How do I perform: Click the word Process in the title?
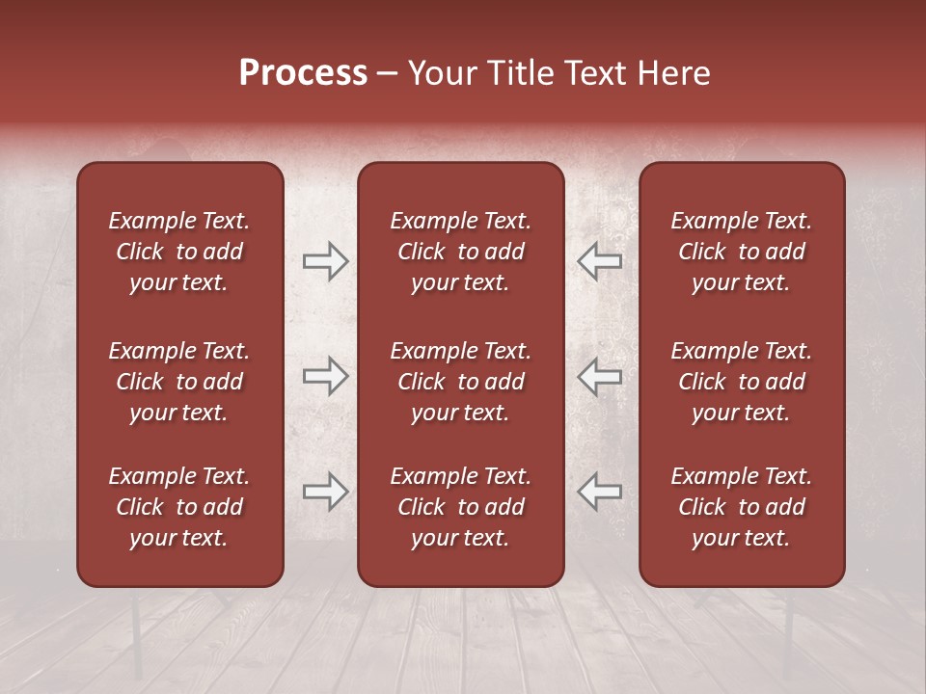[x=303, y=73]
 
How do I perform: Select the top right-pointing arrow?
[x=325, y=261]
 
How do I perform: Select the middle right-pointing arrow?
[x=325, y=376]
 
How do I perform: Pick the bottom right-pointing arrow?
[x=325, y=491]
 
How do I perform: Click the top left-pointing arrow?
[x=600, y=261]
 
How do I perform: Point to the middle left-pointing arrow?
[x=600, y=376]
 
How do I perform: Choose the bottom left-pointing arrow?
[x=600, y=491]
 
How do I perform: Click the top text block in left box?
[x=179, y=252]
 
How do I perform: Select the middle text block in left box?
[x=179, y=382]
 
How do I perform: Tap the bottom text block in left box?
[x=179, y=507]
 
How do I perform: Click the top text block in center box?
[x=460, y=252]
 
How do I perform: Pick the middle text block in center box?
[x=460, y=382]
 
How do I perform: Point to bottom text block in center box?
[x=460, y=507]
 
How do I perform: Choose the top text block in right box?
[x=741, y=252]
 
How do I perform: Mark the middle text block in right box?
[x=741, y=382]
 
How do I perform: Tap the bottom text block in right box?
[x=741, y=507]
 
